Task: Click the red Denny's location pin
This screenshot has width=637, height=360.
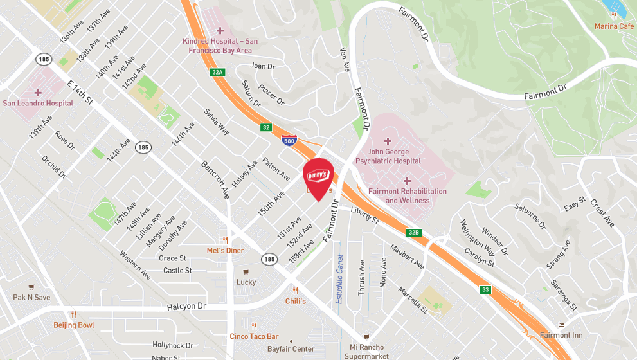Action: point(318,176)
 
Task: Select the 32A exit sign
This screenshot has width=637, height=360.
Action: point(217,73)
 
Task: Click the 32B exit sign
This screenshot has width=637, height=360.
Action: point(413,232)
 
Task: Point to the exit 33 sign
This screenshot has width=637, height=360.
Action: point(485,290)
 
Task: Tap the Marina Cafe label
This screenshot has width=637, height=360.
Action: point(614,26)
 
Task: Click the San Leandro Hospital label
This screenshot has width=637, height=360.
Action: point(38,103)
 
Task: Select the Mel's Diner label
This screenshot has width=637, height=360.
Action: point(225,250)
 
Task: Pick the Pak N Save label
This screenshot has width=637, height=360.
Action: point(31,297)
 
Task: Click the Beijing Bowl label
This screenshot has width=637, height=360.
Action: point(73,325)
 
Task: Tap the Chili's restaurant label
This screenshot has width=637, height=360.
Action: point(295,301)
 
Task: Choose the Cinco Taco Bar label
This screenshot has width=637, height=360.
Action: point(255,336)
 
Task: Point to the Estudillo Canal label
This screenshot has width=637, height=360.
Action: point(339,278)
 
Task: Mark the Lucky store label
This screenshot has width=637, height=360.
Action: point(246,282)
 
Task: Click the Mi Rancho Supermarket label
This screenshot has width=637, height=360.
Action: point(366,351)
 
